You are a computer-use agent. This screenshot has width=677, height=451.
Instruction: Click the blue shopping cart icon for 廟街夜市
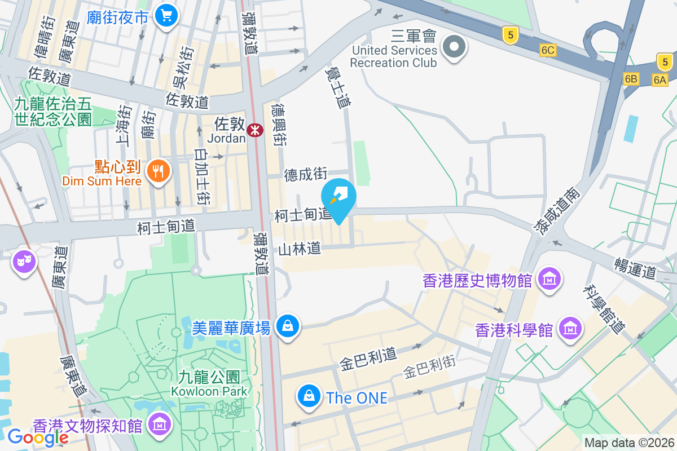pos(166,15)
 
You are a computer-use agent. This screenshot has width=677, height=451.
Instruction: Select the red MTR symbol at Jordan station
pos(255,130)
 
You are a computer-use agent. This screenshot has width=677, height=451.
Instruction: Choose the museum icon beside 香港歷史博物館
pos(548,279)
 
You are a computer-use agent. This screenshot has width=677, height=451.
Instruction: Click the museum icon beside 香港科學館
pos(570,328)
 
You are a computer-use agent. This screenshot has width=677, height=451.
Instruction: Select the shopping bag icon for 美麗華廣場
pos(288,326)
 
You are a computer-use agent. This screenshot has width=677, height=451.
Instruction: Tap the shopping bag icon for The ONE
pos(309,396)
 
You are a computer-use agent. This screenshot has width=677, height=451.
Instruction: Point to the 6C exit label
pos(548,50)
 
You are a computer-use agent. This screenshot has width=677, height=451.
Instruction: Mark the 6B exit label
pos(631,79)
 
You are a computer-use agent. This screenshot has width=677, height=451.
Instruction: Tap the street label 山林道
pos(300,249)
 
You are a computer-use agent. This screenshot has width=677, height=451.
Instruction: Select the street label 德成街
pos(306,175)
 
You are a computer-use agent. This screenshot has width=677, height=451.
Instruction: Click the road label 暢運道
pos(635,266)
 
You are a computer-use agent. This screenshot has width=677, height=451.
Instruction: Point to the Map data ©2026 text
pos(629,443)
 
